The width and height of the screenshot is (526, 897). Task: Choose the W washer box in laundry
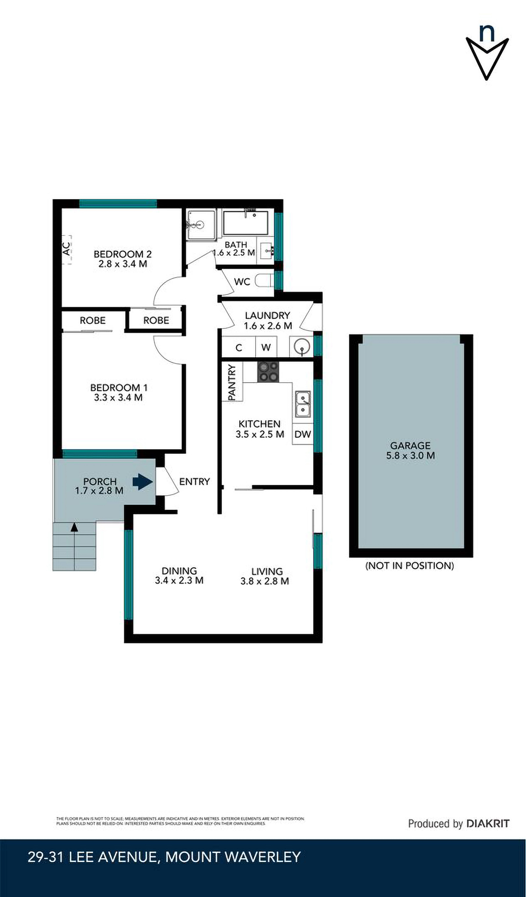coord(266,347)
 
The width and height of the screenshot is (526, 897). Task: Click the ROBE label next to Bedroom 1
coord(93,320)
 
